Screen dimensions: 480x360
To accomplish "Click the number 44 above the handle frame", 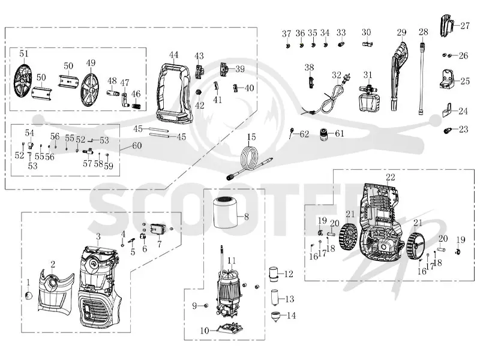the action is (173, 55).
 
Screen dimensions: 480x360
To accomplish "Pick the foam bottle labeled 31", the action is (369, 97).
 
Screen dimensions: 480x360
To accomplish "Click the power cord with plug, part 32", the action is (326, 97).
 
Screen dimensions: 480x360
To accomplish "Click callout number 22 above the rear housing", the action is (391, 177).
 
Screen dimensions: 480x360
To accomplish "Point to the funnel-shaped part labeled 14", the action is (277, 317).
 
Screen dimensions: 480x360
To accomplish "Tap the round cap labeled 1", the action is (28, 296).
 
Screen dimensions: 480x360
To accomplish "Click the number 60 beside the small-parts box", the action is (137, 145).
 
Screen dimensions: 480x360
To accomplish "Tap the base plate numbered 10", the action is (229, 329).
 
